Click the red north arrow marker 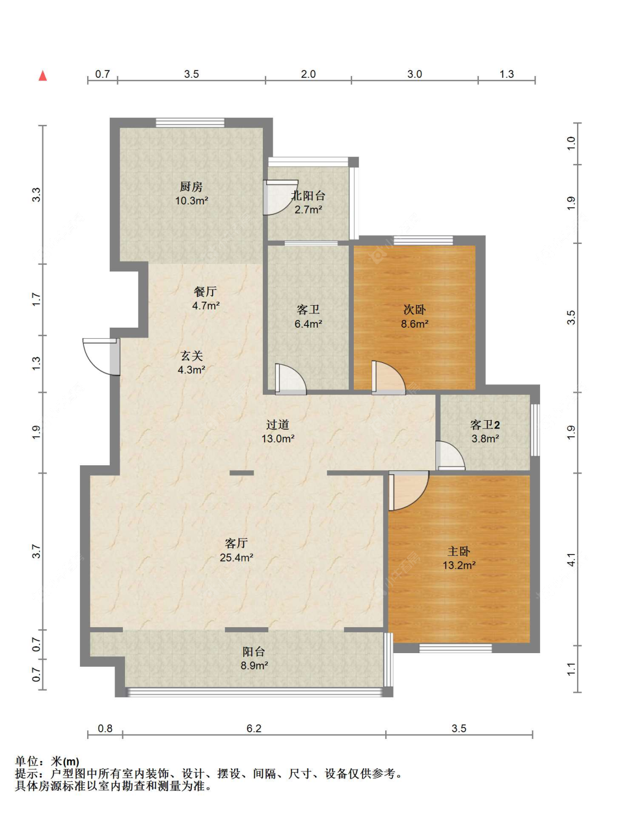tap(43, 75)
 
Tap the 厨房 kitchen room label tap(191, 186)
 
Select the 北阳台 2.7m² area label tap(308, 209)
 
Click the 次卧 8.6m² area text tap(414, 324)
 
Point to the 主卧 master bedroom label tap(459, 551)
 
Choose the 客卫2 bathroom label tap(485, 425)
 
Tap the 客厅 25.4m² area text tap(236, 557)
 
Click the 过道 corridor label tap(278, 425)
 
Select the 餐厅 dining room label tap(205, 291)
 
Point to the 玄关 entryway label tap(191, 356)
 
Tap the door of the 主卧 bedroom tap(408, 490)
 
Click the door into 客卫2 tap(450, 455)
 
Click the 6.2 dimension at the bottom tap(254, 728)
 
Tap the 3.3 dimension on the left tap(36, 194)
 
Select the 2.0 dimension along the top tap(308, 74)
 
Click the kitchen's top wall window tap(190, 123)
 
